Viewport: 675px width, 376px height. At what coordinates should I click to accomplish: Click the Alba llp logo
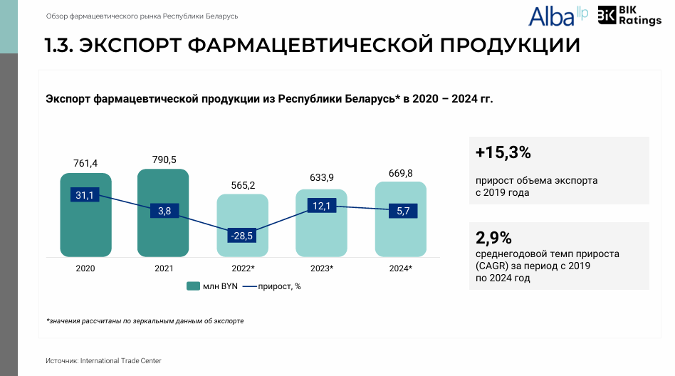coord(558,16)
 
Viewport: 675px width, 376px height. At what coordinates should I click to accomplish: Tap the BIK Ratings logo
coord(629,16)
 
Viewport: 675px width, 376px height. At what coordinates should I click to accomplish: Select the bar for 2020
coord(85,215)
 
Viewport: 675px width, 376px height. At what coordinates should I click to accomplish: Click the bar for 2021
coord(163,213)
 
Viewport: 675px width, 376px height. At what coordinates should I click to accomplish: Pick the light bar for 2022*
coord(242,225)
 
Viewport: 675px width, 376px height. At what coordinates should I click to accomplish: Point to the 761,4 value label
coord(85,163)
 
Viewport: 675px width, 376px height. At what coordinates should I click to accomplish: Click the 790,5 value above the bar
coord(164,160)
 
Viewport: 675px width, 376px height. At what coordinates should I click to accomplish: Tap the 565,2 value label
coord(243,185)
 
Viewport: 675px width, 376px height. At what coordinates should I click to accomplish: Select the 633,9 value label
coord(322,177)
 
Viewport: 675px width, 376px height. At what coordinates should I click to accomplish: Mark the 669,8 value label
coord(400,173)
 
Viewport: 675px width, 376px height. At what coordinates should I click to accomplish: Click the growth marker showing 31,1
coord(85,195)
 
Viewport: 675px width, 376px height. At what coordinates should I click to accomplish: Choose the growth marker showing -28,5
coord(242,236)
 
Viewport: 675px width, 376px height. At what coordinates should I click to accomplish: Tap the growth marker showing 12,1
coord(322,206)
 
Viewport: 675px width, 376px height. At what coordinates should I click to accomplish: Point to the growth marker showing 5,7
coord(403,211)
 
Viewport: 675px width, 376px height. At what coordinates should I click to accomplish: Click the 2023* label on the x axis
coord(322,268)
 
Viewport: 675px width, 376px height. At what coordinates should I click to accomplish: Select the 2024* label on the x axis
coord(400,268)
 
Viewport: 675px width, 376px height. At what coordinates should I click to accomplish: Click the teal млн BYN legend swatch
coord(193,286)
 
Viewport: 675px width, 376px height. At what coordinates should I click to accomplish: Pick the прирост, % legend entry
coord(271,286)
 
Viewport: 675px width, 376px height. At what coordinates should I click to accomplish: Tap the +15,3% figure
coord(503,152)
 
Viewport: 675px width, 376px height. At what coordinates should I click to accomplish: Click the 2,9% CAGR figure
coord(493,238)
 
